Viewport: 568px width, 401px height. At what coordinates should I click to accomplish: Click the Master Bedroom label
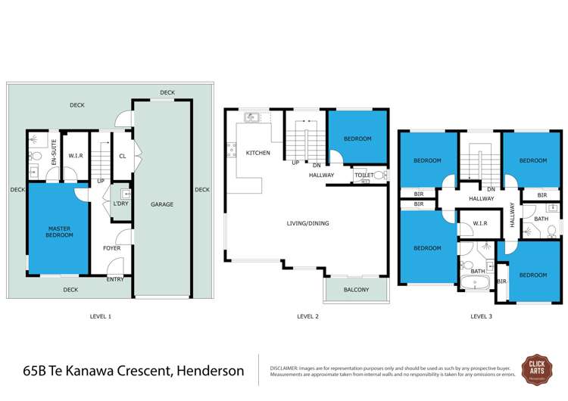tap(60, 232)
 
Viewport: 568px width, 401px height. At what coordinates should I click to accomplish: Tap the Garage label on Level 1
tap(162, 204)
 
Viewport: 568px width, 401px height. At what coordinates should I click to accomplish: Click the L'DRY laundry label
tap(120, 205)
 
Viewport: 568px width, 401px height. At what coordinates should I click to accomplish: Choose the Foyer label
tap(112, 248)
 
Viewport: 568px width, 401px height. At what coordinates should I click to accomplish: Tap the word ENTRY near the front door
tap(115, 279)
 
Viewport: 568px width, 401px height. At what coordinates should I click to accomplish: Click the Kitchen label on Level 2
tap(257, 154)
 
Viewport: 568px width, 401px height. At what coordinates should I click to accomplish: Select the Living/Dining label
tap(307, 223)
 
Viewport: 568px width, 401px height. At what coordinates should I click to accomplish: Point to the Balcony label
tap(356, 290)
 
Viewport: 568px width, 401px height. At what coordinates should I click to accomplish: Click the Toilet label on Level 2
tap(364, 175)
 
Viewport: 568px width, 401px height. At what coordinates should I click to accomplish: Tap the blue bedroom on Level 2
tap(357, 138)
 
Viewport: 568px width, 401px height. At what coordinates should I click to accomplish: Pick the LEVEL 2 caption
tap(307, 316)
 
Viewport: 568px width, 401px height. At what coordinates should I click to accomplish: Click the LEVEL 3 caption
tap(481, 316)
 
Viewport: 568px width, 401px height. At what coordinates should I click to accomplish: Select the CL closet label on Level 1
tap(123, 157)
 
